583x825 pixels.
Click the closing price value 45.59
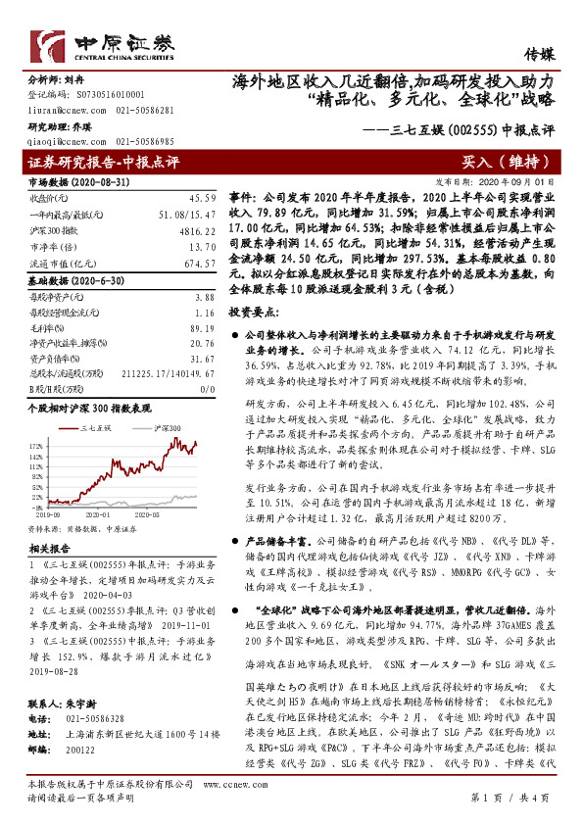(x=202, y=198)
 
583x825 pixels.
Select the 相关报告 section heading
(x=46, y=549)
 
